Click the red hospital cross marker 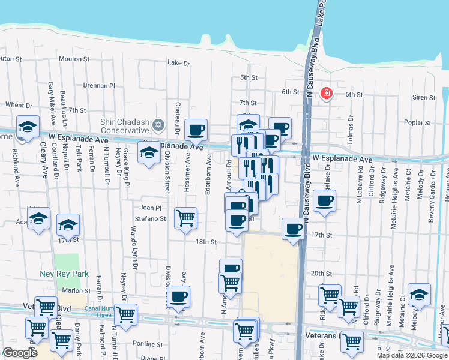coord(326,94)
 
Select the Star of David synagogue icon coord(158,125)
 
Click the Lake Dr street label coord(178,62)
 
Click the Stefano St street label coord(150,219)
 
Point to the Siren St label coord(424,97)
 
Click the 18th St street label coord(205,242)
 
